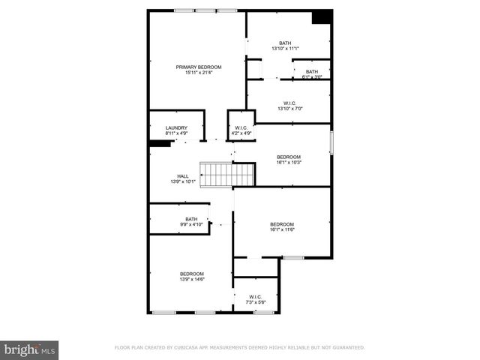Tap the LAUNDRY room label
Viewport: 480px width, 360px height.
(176, 128)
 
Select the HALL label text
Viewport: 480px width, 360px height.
(182, 175)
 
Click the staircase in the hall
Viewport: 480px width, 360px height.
(228, 175)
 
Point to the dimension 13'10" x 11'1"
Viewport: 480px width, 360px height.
(285, 49)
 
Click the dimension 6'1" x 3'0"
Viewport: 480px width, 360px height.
(311, 76)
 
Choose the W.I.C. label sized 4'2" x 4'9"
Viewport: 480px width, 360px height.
(241, 128)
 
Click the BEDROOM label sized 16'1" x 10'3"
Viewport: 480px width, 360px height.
(289, 157)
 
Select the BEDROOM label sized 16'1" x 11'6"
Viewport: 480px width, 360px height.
(282, 224)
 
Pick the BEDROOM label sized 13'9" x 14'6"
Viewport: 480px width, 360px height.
(191, 274)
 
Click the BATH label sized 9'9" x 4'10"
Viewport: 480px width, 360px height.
(191, 219)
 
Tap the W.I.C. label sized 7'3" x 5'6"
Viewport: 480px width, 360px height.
(255, 297)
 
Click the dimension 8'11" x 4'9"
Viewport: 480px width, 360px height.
(176, 133)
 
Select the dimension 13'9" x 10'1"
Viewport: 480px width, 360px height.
(182, 181)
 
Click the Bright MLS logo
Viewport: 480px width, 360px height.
(29, 349)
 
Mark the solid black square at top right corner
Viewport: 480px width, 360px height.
(322, 17)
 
